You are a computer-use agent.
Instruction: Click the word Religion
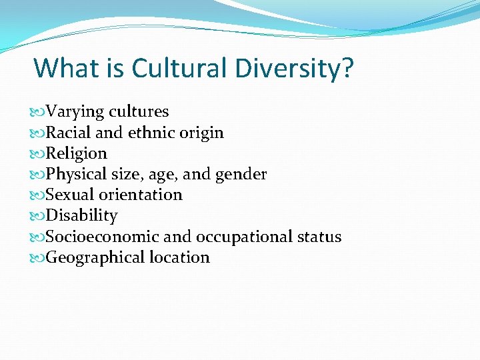pos(76,153)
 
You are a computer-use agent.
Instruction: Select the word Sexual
pos(69,195)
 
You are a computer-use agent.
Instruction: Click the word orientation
pos(141,195)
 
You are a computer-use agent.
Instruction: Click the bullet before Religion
pos(39,154)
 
